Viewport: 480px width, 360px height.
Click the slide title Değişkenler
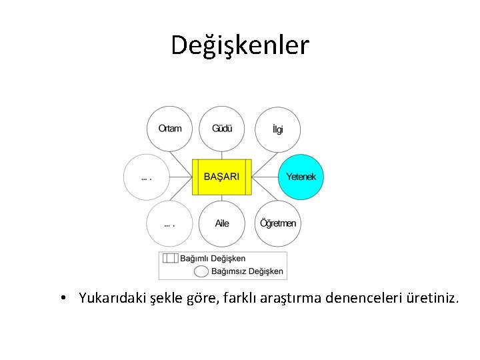tap(240, 45)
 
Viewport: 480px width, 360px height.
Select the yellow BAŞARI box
tap(221, 177)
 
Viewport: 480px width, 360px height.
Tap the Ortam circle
tap(169, 129)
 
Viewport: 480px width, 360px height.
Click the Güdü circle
tap(222, 129)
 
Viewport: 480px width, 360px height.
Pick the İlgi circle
tap(278, 129)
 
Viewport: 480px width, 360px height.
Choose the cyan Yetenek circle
tap(301, 177)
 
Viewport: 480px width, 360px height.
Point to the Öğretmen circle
tap(278, 223)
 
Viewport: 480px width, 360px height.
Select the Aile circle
tap(222, 223)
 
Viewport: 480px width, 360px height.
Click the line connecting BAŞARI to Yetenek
tap(265, 177)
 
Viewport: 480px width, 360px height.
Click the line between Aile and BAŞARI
tap(222, 198)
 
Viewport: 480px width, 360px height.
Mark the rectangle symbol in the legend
tap(171, 259)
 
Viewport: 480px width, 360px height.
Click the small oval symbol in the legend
tap(201, 271)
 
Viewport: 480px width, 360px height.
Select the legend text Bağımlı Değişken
tap(214, 259)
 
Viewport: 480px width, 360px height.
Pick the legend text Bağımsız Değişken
tap(247, 271)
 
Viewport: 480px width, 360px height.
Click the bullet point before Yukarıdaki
tap(61, 298)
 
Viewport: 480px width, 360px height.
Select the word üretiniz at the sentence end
tap(432, 298)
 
